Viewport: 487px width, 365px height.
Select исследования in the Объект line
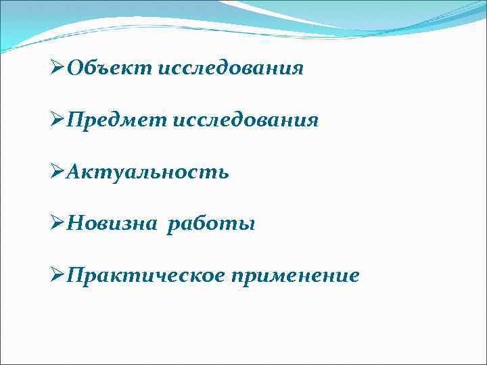231,68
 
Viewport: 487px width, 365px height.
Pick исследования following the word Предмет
246,120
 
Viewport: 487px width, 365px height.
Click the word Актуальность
148,172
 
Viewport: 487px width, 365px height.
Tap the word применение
295,276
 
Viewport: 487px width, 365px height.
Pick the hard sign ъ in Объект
103,70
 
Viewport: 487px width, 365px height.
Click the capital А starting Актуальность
75,172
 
